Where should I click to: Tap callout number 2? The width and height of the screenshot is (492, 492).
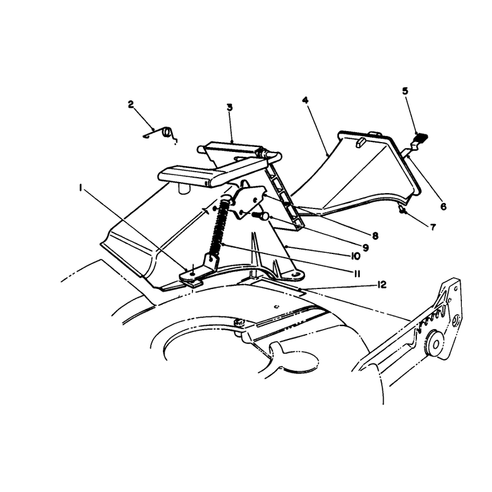pyautogui.click(x=131, y=105)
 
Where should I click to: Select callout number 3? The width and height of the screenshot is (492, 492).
pyautogui.click(x=229, y=107)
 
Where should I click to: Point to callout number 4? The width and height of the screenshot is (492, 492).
pyautogui.click(x=305, y=100)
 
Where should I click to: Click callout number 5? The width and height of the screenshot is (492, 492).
pyautogui.click(x=405, y=91)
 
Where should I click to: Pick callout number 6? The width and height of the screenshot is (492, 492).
pyautogui.click(x=443, y=207)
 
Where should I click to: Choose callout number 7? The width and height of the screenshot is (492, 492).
pyautogui.click(x=433, y=227)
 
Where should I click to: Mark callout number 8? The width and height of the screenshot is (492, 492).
pyautogui.click(x=375, y=236)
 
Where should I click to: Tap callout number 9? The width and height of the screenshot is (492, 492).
pyautogui.click(x=365, y=248)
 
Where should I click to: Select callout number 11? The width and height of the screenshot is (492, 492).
pyautogui.click(x=357, y=274)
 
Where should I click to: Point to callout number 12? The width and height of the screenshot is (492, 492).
pyautogui.click(x=382, y=285)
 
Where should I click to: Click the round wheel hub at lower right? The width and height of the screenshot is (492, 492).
pyautogui.click(x=436, y=344)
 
